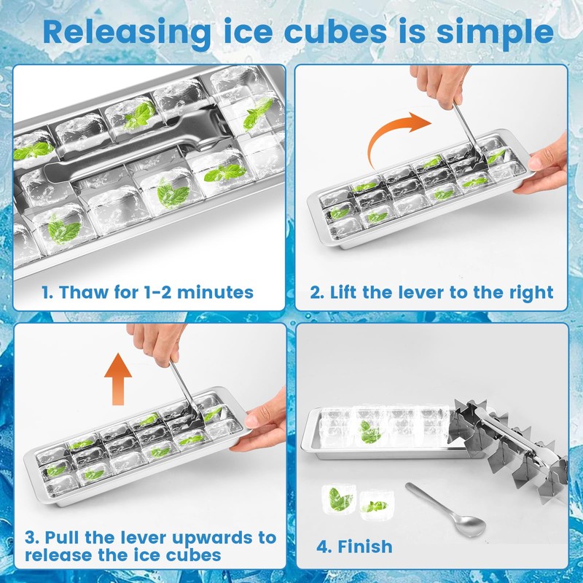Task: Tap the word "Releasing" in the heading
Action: coord(122,32)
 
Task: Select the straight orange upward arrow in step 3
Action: coord(118,377)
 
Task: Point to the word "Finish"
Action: coord(364,546)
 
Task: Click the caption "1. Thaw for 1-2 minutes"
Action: coord(147,293)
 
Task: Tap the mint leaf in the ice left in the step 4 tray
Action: coord(370,431)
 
